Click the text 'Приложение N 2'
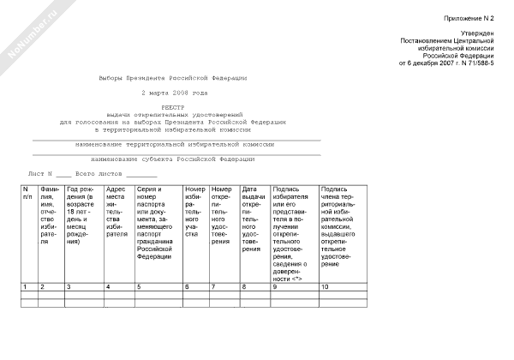click(x=470, y=18)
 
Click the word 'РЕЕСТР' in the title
click(x=174, y=107)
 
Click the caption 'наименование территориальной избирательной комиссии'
click(x=175, y=144)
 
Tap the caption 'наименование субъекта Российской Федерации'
click(x=175, y=159)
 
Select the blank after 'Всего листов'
click(x=141, y=174)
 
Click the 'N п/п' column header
click(x=28, y=195)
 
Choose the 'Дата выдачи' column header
click(x=253, y=219)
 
